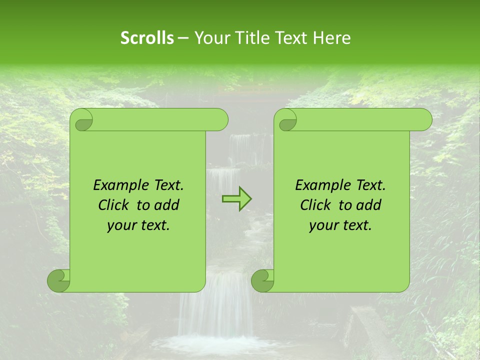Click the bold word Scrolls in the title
(x=147, y=38)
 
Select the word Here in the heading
(x=331, y=38)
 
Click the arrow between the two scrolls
(x=237, y=198)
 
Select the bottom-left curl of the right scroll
(x=263, y=281)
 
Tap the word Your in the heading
(x=210, y=38)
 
